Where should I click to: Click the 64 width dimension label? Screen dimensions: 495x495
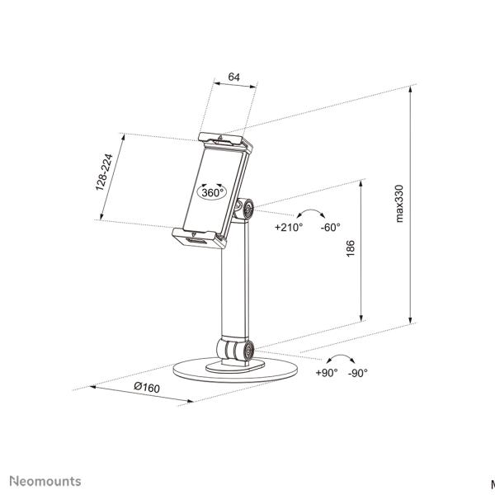(x=234, y=77)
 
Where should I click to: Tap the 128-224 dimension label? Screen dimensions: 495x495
(x=104, y=172)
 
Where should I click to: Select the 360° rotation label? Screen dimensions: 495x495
(x=213, y=192)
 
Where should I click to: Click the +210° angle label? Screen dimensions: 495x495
(x=289, y=227)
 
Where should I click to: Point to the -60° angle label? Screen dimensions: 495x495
(x=331, y=227)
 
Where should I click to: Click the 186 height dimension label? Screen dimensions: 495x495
(x=351, y=248)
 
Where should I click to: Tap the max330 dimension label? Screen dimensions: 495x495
(x=399, y=204)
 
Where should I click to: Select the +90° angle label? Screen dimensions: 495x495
(x=327, y=373)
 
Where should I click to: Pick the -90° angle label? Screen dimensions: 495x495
(x=358, y=373)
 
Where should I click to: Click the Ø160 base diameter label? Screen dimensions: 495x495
(x=147, y=387)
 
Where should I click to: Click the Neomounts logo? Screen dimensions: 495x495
(x=45, y=481)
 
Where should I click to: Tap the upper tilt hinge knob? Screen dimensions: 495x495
(x=245, y=209)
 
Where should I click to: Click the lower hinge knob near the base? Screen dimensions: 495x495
(x=236, y=350)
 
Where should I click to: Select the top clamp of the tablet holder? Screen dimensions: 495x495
(x=225, y=142)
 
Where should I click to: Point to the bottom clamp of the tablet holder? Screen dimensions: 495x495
(x=199, y=238)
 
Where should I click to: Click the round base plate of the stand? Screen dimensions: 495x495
(x=235, y=370)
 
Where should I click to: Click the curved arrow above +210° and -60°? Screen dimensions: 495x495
(x=311, y=213)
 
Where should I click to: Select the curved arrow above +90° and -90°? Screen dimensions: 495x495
(x=340, y=359)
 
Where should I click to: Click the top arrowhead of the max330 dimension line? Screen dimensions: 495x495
(x=410, y=88)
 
